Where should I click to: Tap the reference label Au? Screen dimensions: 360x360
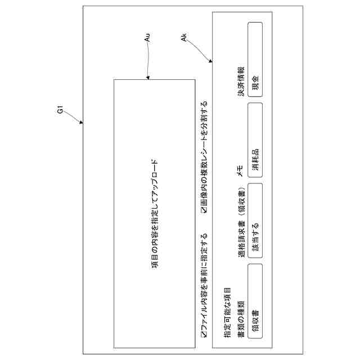click(147, 38)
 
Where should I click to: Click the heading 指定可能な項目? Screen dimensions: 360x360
click(226, 316)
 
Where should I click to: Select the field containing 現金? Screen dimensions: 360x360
click(255, 60)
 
